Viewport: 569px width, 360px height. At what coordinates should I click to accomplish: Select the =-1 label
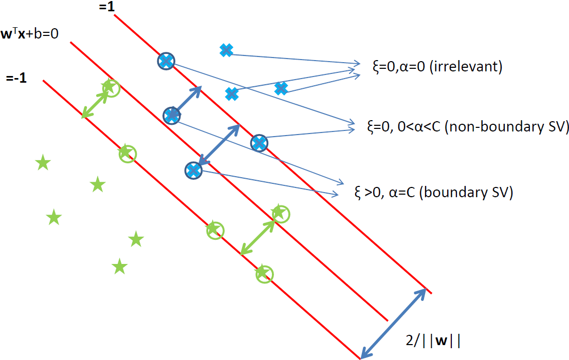[17, 79]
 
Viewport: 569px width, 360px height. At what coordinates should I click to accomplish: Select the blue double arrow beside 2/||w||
[394, 324]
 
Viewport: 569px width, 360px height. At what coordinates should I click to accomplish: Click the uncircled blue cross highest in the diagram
[226, 50]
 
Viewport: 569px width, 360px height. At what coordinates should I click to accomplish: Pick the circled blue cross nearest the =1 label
[166, 61]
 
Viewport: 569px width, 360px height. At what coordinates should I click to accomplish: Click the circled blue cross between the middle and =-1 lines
[193, 170]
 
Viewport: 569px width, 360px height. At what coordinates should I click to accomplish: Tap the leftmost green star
[43, 164]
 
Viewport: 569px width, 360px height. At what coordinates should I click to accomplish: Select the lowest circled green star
[264, 274]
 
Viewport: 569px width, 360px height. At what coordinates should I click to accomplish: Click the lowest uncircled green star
[119, 267]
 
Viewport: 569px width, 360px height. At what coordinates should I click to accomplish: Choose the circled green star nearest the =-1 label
[110, 88]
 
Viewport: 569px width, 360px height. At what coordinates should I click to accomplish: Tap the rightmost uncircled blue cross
[281, 88]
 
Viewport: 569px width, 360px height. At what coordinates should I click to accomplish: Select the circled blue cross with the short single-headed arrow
[172, 116]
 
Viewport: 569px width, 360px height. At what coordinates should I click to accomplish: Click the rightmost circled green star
[280, 213]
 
